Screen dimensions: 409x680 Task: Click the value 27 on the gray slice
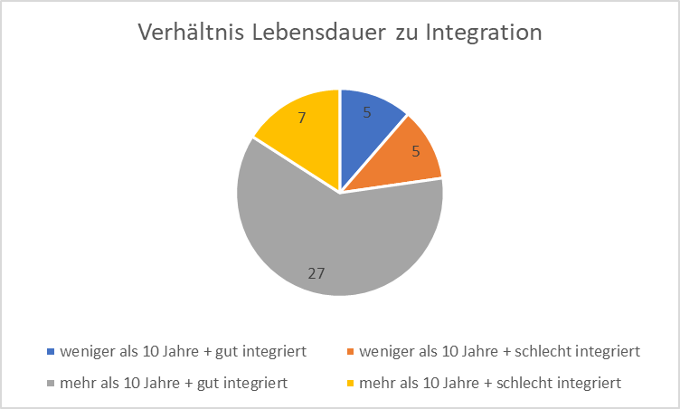click(316, 272)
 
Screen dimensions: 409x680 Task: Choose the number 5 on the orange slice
click(415, 152)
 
